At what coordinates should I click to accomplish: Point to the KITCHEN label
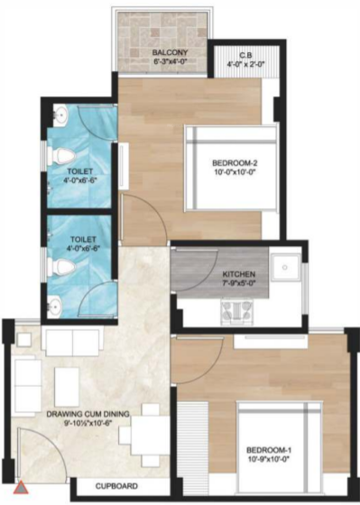point(239,273)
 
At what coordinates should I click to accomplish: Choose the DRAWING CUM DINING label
point(88,414)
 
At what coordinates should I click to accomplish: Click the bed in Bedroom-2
point(231,171)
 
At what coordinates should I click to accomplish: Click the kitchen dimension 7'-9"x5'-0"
point(240,284)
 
